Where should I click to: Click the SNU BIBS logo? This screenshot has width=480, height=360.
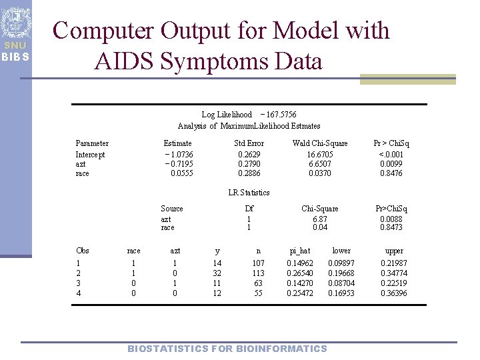point(15,33)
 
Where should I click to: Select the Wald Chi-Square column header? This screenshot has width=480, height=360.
point(320,143)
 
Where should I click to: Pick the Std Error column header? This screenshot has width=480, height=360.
point(249,143)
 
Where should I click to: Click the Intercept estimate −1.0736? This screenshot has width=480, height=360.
point(179,155)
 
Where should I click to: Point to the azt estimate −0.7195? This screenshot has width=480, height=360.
point(179,164)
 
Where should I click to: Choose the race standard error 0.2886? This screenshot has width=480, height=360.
point(249,173)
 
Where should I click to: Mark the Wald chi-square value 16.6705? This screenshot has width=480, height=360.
point(320,155)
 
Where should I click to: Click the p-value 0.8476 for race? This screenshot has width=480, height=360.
point(391,173)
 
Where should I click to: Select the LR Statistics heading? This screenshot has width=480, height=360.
point(249,193)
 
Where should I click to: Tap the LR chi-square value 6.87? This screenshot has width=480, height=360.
point(320,219)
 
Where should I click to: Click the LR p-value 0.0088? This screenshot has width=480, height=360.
point(391,219)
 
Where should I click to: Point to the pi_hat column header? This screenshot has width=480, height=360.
point(299,251)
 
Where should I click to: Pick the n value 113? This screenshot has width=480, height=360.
point(259,273)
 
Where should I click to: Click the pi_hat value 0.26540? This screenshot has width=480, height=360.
point(299,273)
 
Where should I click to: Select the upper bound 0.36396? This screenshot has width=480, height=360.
point(394,293)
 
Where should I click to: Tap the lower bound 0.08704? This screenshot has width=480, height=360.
point(341,283)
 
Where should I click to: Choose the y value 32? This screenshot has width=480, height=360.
point(217,273)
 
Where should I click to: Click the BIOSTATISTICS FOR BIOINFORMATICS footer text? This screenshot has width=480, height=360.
point(227,349)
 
